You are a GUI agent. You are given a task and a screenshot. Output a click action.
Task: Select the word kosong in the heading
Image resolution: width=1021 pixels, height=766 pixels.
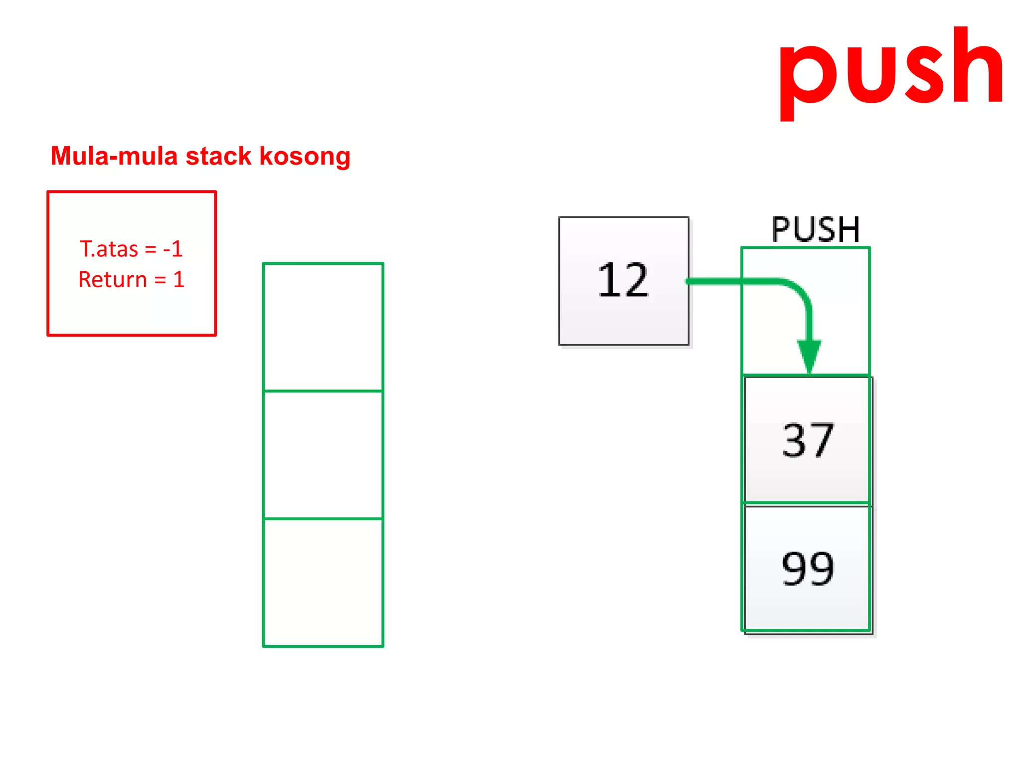305,157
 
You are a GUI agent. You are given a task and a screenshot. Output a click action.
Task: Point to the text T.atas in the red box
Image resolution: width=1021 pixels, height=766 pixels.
109,249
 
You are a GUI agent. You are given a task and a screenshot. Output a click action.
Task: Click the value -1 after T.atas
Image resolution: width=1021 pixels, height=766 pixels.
173,249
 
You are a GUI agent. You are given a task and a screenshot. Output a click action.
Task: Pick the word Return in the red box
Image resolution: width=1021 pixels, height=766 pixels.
113,280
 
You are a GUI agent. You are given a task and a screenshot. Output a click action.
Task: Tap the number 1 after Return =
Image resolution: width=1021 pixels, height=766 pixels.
179,280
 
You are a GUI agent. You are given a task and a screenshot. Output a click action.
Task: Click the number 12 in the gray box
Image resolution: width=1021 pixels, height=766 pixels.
623,280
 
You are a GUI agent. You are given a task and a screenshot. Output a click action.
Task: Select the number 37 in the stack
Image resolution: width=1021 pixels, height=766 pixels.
808,440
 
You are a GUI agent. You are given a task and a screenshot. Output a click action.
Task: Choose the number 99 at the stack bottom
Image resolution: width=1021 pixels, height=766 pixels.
808,569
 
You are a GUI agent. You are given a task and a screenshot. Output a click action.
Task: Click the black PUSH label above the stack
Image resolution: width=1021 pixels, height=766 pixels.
816,229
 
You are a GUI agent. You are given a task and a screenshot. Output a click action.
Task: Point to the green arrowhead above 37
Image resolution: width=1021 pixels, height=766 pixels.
809,355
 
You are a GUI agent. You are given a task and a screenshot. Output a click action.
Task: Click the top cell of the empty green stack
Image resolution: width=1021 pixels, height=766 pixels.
323,327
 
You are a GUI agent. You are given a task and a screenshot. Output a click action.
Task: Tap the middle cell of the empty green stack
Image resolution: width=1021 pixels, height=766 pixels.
323,455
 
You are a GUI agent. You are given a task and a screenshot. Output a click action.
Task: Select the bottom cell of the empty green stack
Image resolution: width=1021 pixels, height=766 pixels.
323,582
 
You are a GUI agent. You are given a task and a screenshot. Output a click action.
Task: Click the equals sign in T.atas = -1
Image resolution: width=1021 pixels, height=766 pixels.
151,249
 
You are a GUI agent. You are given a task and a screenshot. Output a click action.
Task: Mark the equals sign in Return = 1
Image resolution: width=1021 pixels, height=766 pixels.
160,280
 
